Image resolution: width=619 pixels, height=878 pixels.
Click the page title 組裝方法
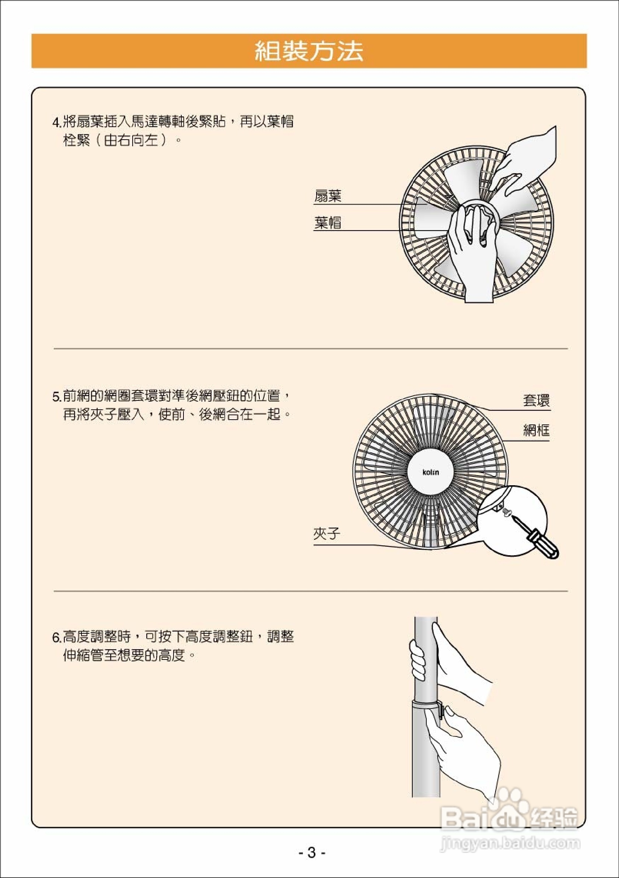coord(309,51)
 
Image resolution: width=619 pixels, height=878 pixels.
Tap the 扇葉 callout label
coord(328,196)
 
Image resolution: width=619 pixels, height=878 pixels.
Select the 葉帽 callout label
coord(328,223)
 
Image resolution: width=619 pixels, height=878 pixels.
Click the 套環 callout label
coord(536,401)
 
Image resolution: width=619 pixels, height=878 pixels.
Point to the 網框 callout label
coord(536,431)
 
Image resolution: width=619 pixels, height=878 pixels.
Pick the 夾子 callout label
coord(327,534)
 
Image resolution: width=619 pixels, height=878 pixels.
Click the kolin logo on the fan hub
coord(431,472)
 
